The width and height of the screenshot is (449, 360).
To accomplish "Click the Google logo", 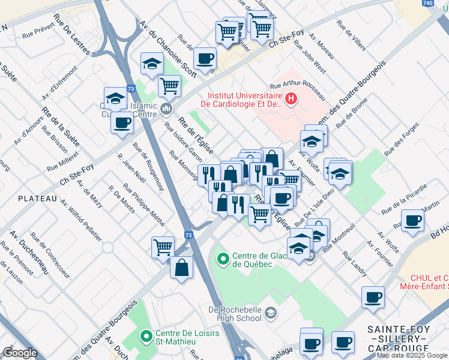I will (x=20, y=353).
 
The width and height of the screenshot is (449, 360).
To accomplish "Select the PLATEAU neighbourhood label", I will (x=37, y=198).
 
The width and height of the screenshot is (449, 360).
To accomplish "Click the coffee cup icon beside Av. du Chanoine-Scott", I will (x=205, y=59).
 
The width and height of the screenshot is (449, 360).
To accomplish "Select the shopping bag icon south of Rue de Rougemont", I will (x=181, y=267).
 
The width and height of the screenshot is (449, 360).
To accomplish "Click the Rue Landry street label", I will (x=354, y=263).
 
